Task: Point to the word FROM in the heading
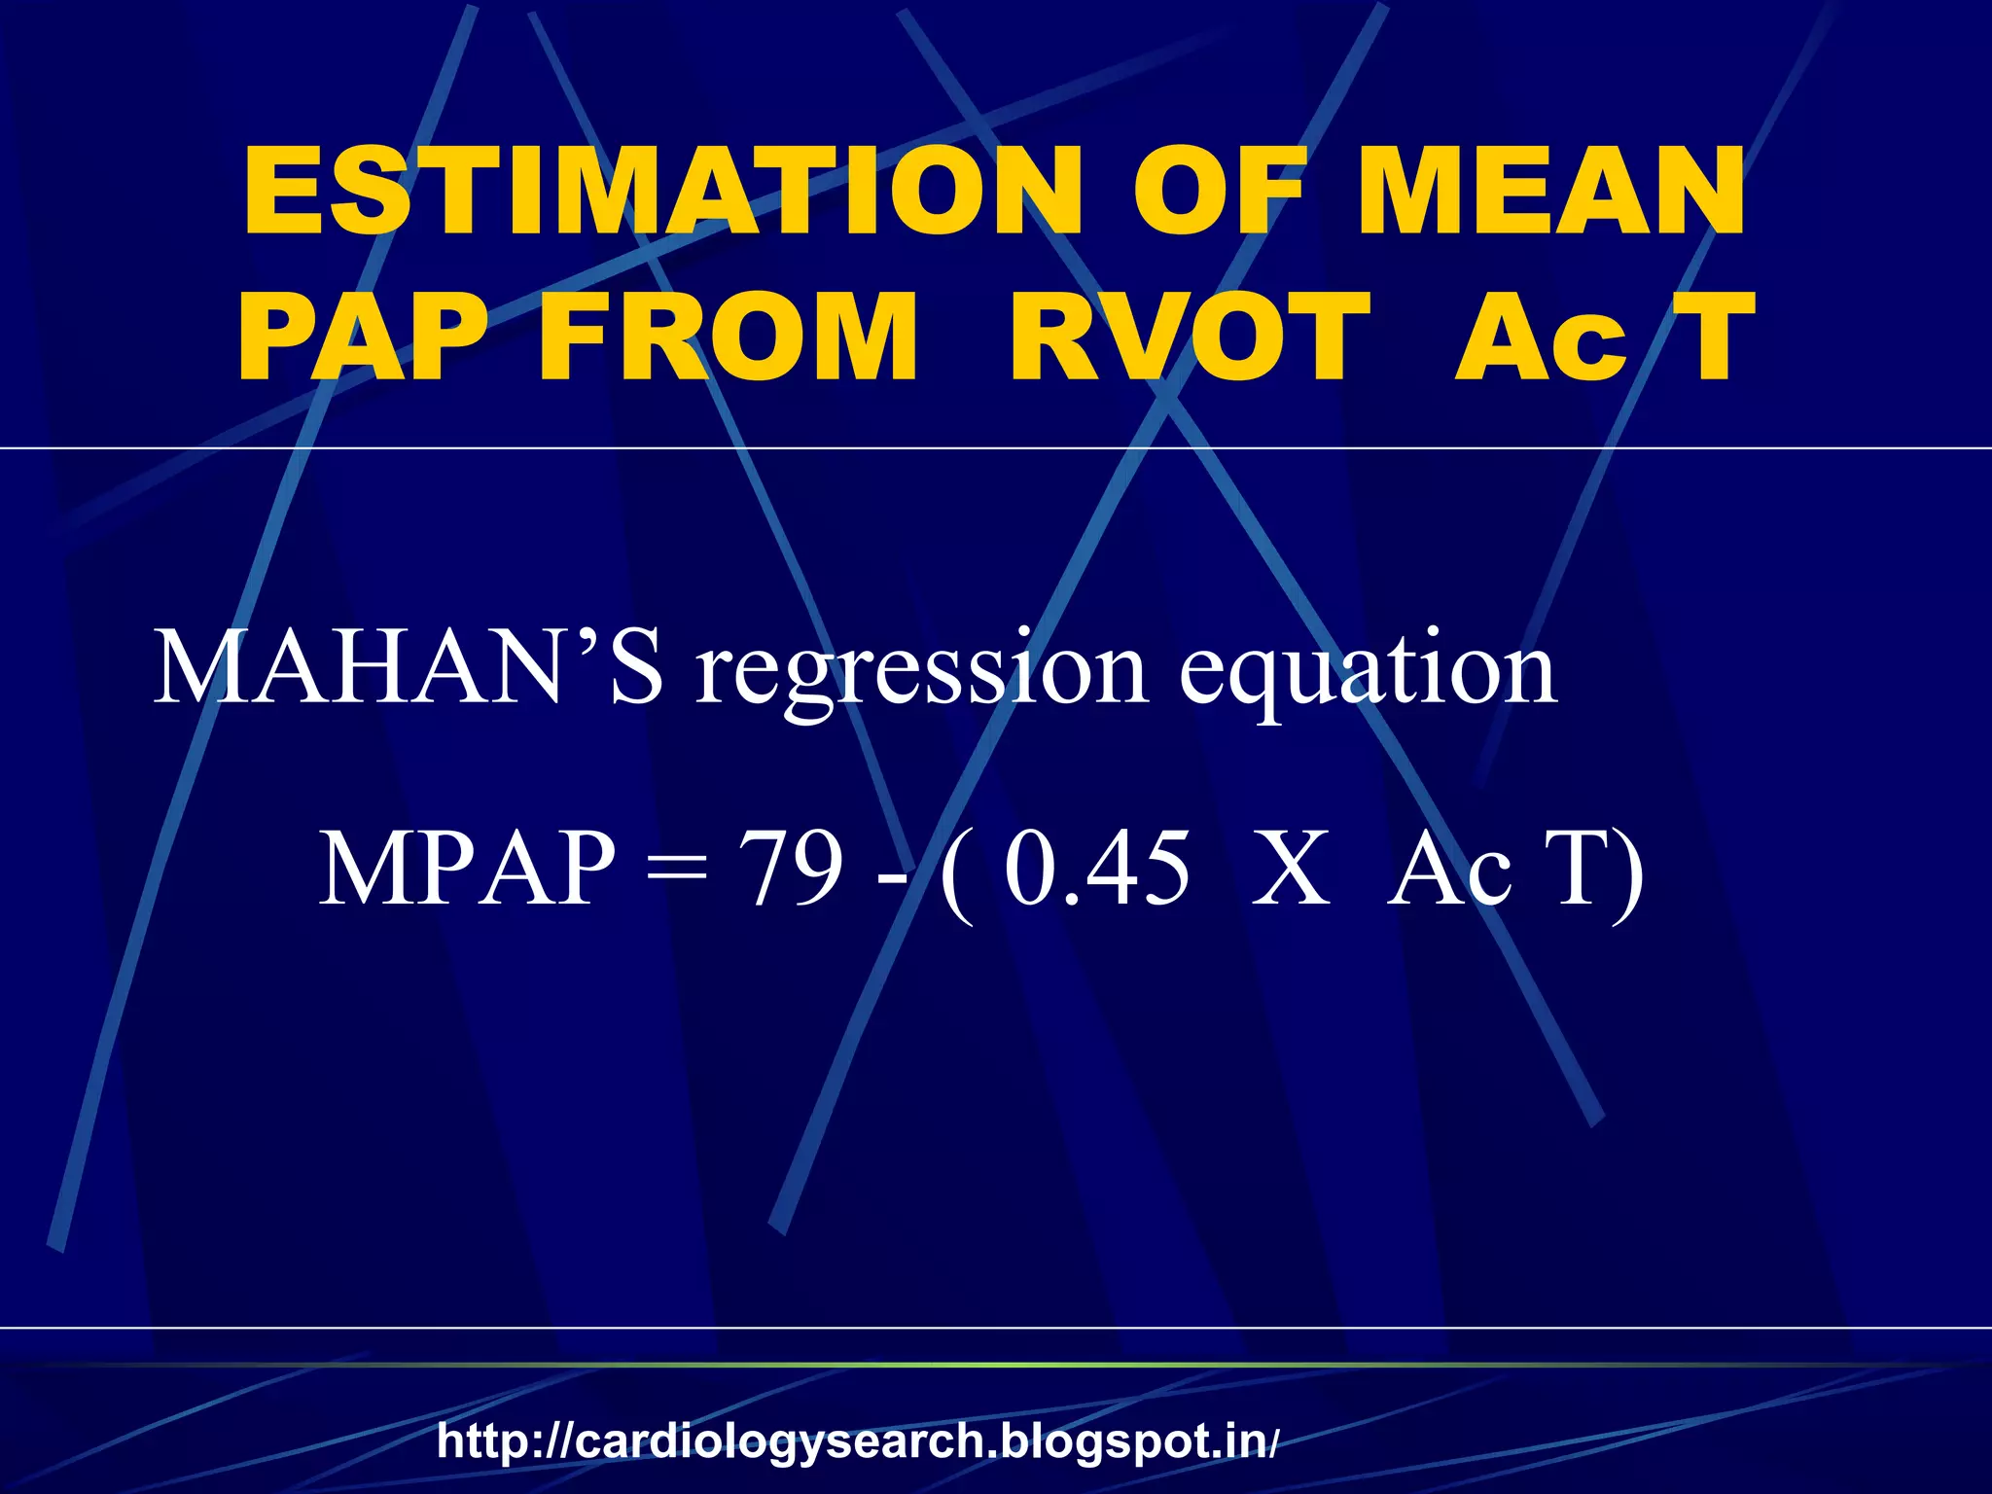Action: coord(728,338)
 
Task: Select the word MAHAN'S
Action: coord(409,669)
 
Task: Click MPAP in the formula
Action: coord(468,869)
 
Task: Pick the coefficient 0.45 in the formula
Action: coord(1096,869)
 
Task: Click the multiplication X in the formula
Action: coord(1290,869)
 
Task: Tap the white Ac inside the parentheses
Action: coord(1449,869)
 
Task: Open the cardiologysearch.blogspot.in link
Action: coord(857,1441)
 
